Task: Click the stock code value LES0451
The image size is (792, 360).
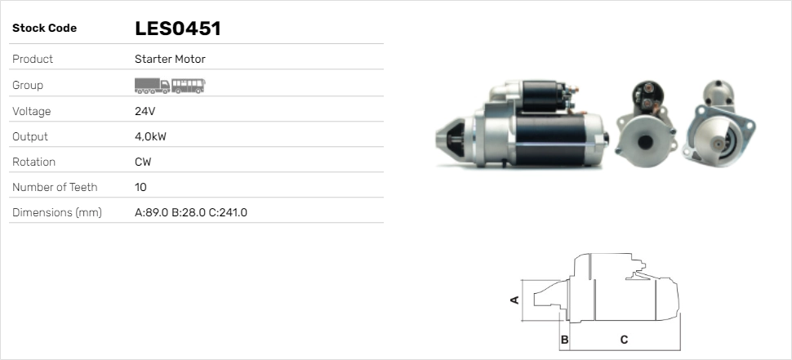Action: point(178,29)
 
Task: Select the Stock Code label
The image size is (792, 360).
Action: point(44,29)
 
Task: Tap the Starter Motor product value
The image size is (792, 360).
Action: point(170,59)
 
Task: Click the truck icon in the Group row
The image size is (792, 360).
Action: point(152,86)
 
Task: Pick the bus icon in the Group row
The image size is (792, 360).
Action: point(189,86)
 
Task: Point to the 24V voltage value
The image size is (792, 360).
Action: point(145,111)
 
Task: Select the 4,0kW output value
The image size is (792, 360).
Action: point(150,137)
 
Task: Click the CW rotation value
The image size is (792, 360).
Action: point(143,162)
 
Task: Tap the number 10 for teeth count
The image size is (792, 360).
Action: point(140,187)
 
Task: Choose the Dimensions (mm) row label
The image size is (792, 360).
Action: point(57,212)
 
